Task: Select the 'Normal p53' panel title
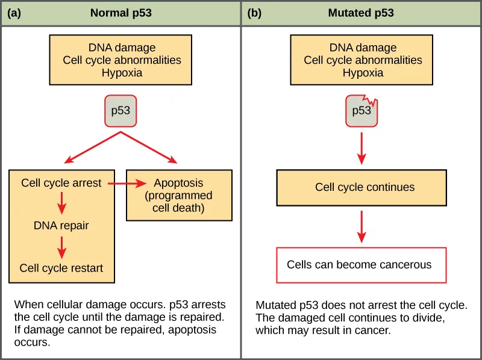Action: tap(121, 13)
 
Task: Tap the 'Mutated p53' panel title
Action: tap(361, 13)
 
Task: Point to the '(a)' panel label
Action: tap(14, 13)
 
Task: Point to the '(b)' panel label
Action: tap(254, 13)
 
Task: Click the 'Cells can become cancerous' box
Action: tap(361, 265)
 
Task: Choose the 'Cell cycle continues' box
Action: tap(361, 187)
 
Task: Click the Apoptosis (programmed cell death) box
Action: tap(178, 196)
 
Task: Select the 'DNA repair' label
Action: tap(61, 226)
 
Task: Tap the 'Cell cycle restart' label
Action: tap(61, 268)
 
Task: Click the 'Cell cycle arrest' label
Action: tap(61, 183)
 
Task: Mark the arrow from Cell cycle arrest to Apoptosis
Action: tap(127, 183)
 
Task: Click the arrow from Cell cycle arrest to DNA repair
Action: tap(61, 204)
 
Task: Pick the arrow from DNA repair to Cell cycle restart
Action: tap(61, 247)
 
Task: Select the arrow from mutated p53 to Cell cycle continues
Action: tap(361, 147)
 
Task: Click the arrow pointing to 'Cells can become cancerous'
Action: tap(361, 226)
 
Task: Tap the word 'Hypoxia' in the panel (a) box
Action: tap(122, 73)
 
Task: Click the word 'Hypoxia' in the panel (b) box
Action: tap(363, 73)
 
